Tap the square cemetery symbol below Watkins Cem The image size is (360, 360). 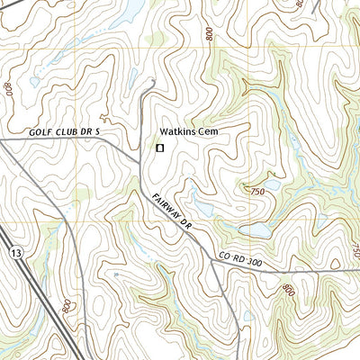click(160, 148)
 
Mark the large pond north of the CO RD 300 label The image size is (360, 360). click(256, 230)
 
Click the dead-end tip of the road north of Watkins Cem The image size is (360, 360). click(155, 81)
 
